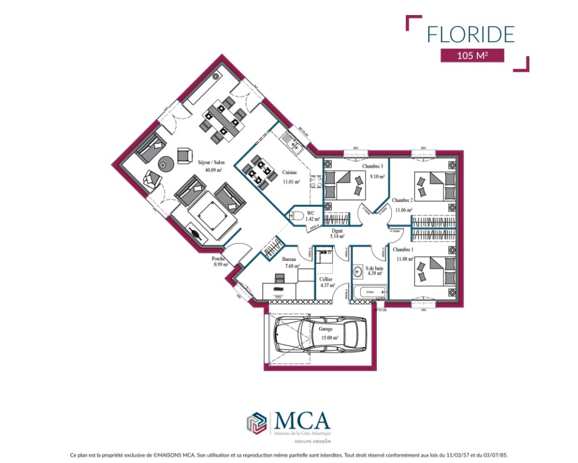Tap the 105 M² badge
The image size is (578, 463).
[x=471, y=56]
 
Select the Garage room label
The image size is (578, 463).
[x=325, y=330]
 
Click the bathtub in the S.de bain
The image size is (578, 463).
[x=368, y=292]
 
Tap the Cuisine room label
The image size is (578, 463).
[x=291, y=173]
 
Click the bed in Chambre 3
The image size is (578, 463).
[x=344, y=183]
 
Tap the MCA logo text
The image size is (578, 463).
[x=302, y=420]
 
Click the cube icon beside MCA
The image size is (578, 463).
[x=256, y=423]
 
